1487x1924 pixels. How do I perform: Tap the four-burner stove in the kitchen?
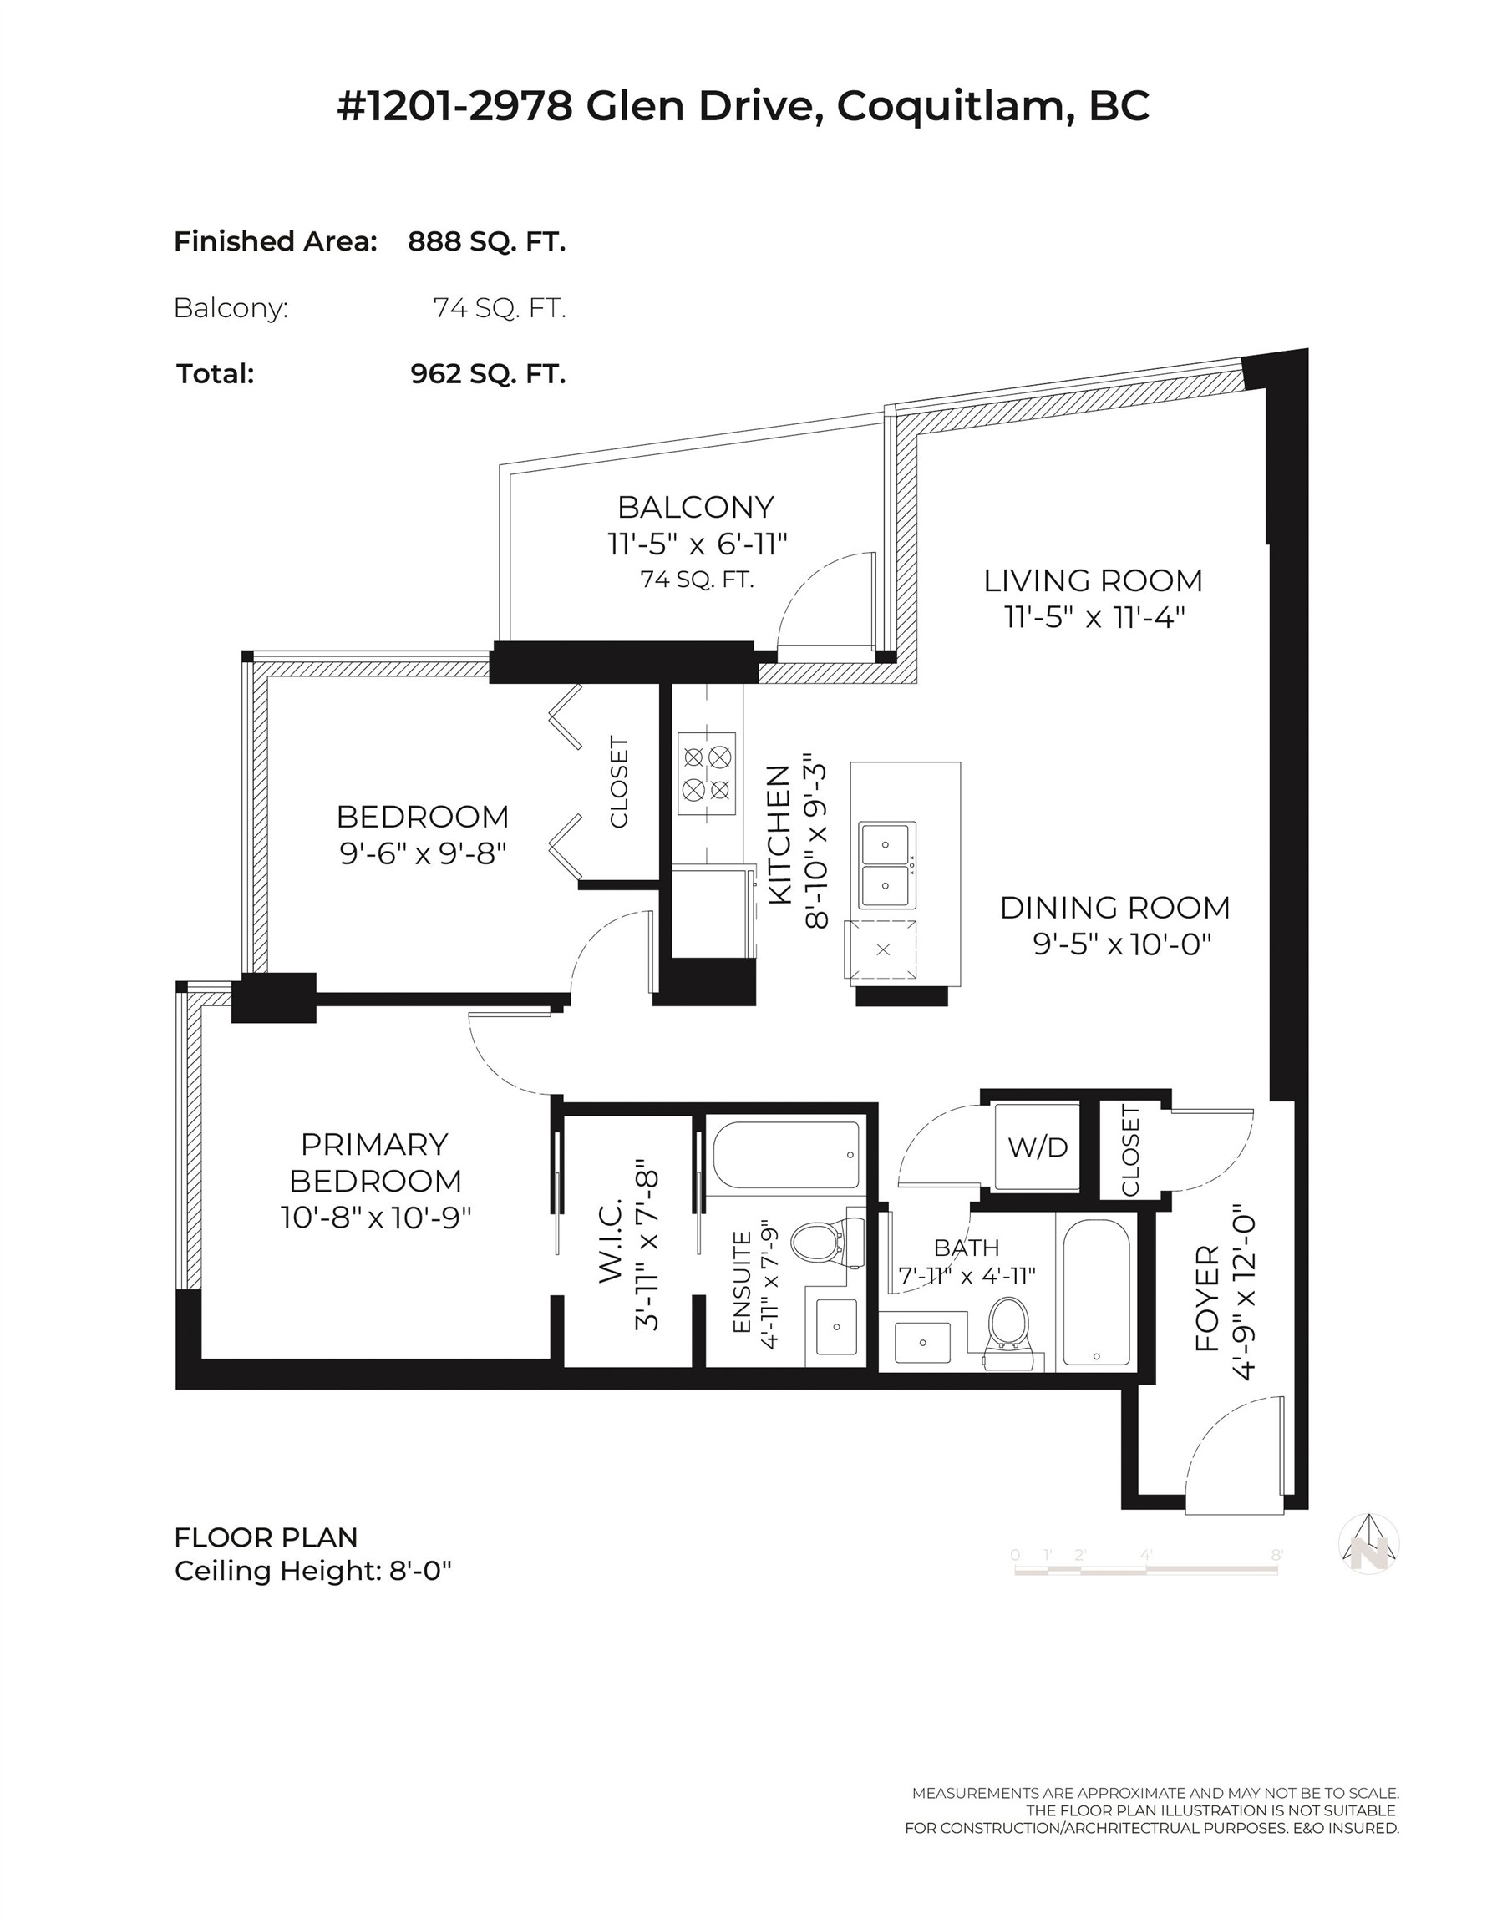tap(707, 773)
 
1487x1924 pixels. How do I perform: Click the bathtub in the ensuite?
tap(786, 1154)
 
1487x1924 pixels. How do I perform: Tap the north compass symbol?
tap(1368, 1544)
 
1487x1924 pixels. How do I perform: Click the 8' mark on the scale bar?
tap(1276, 1556)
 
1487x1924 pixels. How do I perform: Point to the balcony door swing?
tap(820, 600)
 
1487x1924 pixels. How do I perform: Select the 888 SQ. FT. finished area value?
tap(485, 241)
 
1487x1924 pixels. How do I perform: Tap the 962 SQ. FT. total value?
tap(487, 373)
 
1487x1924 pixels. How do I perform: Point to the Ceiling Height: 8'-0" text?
tap(313, 1571)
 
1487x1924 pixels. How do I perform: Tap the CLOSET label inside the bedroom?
tap(619, 782)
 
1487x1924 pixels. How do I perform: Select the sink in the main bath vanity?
tap(922, 1343)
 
